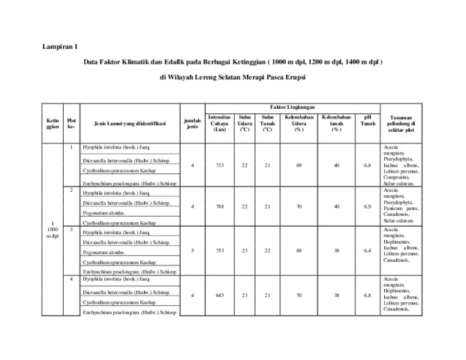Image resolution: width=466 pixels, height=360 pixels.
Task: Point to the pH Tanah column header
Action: click(367, 120)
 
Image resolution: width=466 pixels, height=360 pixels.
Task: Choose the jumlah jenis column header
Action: click(193, 123)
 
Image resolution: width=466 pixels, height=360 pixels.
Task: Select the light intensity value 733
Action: click(220, 164)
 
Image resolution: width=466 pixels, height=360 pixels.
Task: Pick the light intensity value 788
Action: click(220, 205)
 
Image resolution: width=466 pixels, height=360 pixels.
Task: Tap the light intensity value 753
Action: click(220, 249)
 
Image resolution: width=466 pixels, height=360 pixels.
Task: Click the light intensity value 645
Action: click(220, 295)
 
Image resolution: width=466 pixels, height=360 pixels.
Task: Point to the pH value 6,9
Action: click(367, 205)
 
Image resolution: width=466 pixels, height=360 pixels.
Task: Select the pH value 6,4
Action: click(367, 249)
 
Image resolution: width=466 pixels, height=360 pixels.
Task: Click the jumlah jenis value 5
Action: click(193, 249)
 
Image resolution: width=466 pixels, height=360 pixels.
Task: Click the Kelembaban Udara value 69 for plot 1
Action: click(299, 164)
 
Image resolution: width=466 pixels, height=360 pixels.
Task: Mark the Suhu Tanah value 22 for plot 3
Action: click(267, 249)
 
